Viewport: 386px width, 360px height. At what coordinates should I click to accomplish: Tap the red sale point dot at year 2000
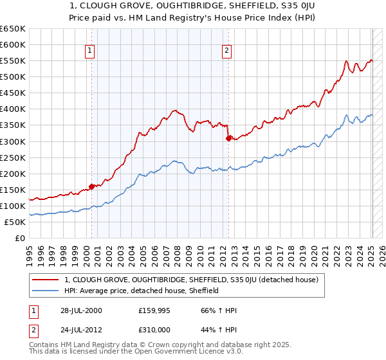(91, 186)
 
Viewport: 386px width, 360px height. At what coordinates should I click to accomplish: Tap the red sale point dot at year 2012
(228, 138)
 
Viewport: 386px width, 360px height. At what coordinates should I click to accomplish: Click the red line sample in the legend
(46, 280)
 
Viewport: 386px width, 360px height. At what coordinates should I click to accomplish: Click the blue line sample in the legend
(46, 291)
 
